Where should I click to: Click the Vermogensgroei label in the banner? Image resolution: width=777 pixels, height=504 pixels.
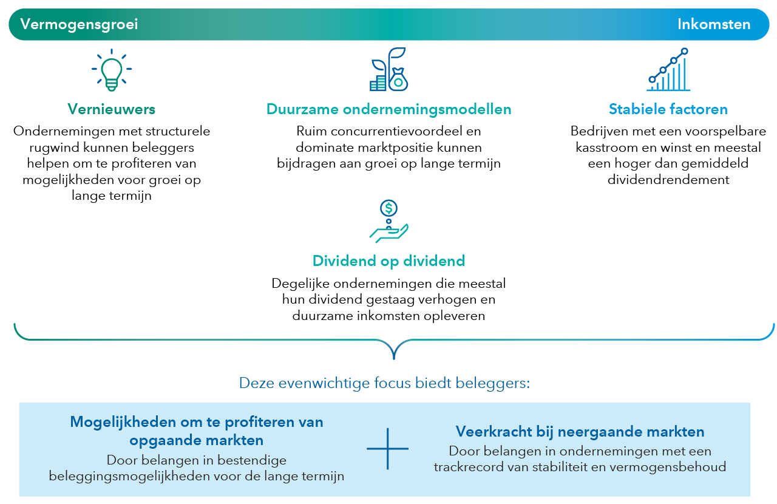[79, 24]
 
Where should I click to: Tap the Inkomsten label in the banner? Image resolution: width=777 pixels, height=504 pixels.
[714, 24]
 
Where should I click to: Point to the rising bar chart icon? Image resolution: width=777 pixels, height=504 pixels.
[668, 70]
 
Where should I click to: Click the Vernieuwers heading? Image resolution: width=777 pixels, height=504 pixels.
[112, 109]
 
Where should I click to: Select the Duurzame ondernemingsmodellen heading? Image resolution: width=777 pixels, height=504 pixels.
[388, 109]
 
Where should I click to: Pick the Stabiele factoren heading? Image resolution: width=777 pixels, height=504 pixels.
[668, 109]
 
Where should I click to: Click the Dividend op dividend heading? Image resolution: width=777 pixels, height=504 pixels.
[388, 261]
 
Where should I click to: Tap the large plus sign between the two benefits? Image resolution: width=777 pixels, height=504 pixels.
[387, 449]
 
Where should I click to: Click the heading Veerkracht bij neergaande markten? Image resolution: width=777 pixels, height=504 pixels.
[580, 432]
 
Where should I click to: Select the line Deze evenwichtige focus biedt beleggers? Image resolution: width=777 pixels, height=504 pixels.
[384, 383]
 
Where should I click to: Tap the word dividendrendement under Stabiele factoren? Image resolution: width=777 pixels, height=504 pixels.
[668, 180]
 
